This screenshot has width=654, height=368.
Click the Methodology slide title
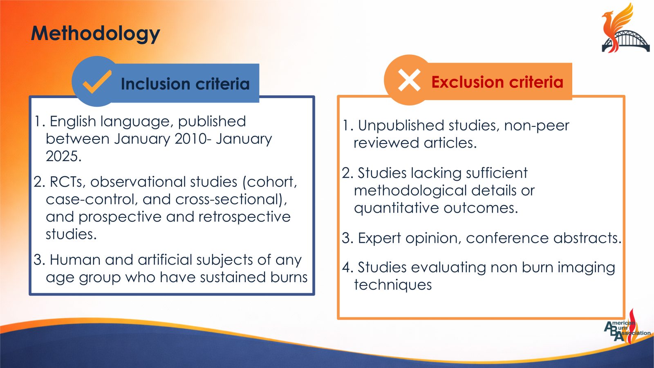[95, 34]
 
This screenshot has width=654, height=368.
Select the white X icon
[409, 80]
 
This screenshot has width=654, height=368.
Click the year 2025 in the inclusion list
[63, 156]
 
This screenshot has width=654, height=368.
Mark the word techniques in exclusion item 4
[392, 285]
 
